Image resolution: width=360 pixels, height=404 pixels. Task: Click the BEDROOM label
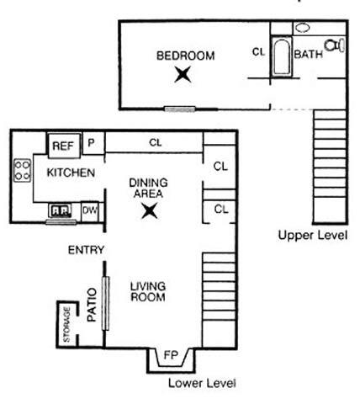click(x=185, y=56)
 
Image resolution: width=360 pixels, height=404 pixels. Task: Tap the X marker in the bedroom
click(x=183, y=75)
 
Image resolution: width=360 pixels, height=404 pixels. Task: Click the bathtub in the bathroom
click(x=280, y=56)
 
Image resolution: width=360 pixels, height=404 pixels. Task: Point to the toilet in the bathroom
click(x=336, y=44)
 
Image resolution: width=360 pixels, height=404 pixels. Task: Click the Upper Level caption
click(x=313, y=236)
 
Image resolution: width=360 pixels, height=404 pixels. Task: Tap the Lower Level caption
click(x=201, y=382)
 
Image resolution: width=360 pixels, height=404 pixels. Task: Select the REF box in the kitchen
click(x=63, y=146)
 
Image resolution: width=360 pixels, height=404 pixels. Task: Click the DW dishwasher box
click(x=90, y=210)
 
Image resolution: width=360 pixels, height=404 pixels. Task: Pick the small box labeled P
click(x=92, y=143)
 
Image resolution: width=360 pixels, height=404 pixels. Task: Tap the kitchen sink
click(x=60, y=210)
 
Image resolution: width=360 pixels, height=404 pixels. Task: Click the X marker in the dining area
click(x=150, y=210)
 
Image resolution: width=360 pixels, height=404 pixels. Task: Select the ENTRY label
click(x=86, y=249)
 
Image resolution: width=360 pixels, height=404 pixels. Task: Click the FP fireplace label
click(x=170, y=354)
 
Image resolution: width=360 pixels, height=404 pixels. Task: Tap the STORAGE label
click(x=67, y=324)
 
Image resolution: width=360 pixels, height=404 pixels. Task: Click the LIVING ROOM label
click(x=147, y=291)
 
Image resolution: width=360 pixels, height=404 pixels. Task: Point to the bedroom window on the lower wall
click(x=179, y=108)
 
